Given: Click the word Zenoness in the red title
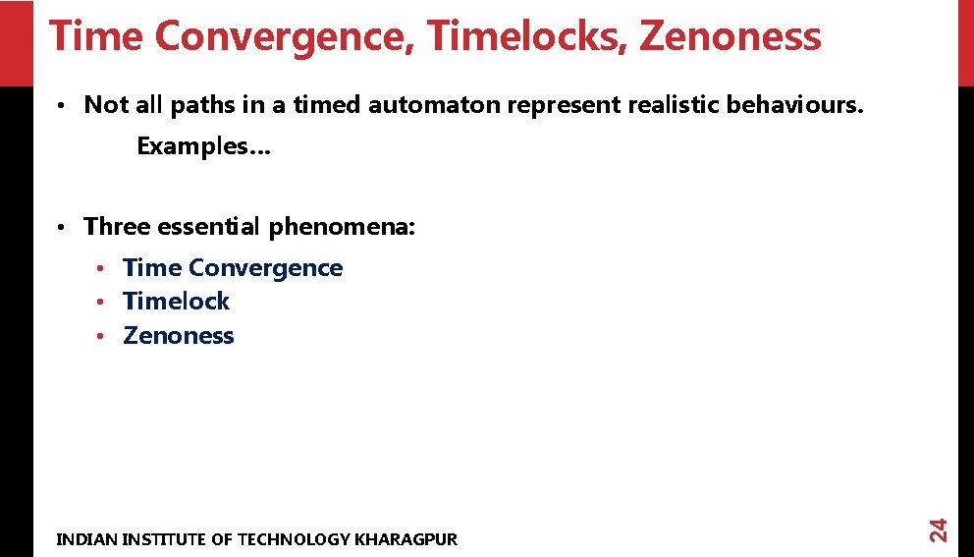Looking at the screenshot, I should point(730,37).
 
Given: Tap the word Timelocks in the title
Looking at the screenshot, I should point(529,37).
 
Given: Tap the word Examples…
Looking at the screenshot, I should point(204,146).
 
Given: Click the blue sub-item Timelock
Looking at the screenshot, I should point(176,302).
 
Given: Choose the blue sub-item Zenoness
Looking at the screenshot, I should point(179,336).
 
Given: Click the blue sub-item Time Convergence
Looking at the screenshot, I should point(233,268).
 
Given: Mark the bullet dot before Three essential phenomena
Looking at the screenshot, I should point(61,228).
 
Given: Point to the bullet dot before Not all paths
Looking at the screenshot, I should point(61,105).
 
